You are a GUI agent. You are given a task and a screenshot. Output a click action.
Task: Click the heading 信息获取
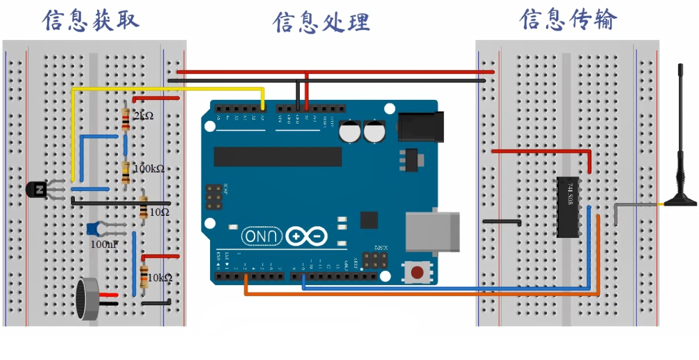coord(91,21)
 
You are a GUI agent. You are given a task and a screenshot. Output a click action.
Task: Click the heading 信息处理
coord(321,23)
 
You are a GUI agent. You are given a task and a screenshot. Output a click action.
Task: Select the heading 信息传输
coord(568,20)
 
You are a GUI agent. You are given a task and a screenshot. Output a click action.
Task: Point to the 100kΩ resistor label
coord(149,168)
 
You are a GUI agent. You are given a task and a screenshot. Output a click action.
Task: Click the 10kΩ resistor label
coord(160,277)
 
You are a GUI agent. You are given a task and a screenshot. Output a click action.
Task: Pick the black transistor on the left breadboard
coord(38,190)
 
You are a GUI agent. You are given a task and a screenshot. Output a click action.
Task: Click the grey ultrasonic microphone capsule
coord(88,300)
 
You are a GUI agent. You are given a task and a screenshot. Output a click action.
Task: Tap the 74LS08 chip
coord(568,207)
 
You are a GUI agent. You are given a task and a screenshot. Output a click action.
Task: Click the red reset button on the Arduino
coord(417,272)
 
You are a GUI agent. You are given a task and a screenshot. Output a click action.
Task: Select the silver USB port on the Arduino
coord(433,230)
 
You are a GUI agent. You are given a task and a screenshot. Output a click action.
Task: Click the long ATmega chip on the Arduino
coord(278,156)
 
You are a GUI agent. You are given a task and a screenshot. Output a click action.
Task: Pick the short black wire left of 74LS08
coord(502,222)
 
